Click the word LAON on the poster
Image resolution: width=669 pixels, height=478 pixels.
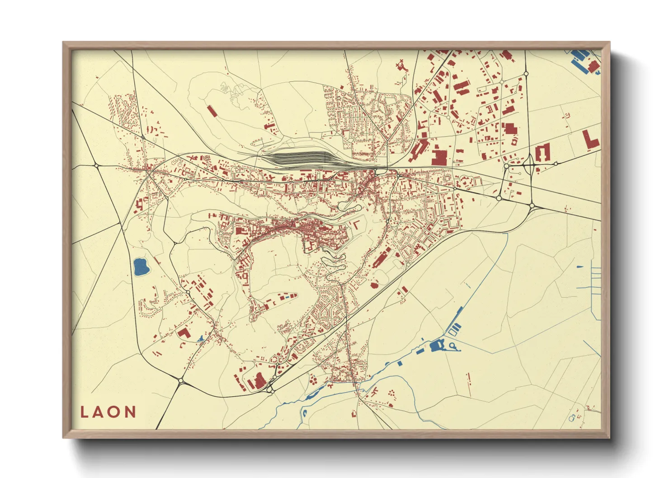click(108, 412)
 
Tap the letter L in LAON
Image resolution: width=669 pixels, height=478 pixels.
click(84, 412)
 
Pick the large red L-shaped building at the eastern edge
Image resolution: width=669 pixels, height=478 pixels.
click(590, 140)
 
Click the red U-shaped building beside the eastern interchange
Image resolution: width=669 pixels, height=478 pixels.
click(542, 154)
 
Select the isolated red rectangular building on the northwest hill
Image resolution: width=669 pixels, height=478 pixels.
click(212, 111)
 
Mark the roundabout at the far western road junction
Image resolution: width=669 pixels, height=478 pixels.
click(97, 166)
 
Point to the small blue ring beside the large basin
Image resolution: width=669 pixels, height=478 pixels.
click(452, 346)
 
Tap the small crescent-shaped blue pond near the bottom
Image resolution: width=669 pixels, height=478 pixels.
click(305, 412)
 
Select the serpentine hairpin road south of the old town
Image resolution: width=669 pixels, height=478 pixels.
click(334, 262)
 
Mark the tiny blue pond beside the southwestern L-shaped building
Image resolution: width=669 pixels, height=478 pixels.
click(201, 338)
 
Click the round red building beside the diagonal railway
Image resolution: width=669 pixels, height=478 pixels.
click(374, 285)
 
